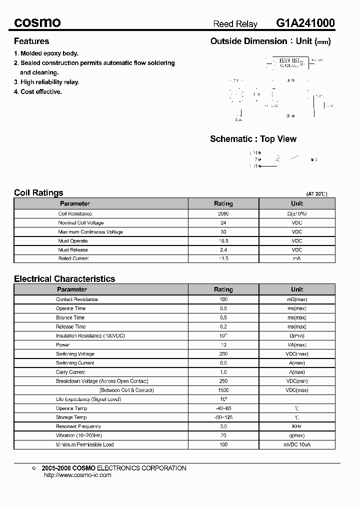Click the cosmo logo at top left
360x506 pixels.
pos(37,23)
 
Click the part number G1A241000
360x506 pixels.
pos(305,23)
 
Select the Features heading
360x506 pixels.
pos(31,41)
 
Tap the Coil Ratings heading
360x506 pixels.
pos(38,192)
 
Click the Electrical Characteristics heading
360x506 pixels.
pos(64,278)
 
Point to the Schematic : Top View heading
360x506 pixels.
pos(253,139)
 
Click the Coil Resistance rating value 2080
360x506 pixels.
pos(223,213)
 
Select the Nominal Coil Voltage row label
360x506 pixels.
pos(81,222)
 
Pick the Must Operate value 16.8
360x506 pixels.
pos(223,240)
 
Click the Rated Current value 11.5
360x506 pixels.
pos(223,258)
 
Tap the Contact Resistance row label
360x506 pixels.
pos(77,299)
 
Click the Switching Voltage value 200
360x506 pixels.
pos(223,354)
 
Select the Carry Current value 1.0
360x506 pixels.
pos(223,372)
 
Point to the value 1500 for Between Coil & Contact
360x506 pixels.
pos(223,390)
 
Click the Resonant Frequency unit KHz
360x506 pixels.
pos(297,426)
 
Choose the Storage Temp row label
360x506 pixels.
pos(71,417)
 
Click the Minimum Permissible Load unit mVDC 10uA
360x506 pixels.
pos(297,444)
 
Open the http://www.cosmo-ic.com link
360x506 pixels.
pos(77,475)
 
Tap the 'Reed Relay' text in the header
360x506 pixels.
pos(235,24)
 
